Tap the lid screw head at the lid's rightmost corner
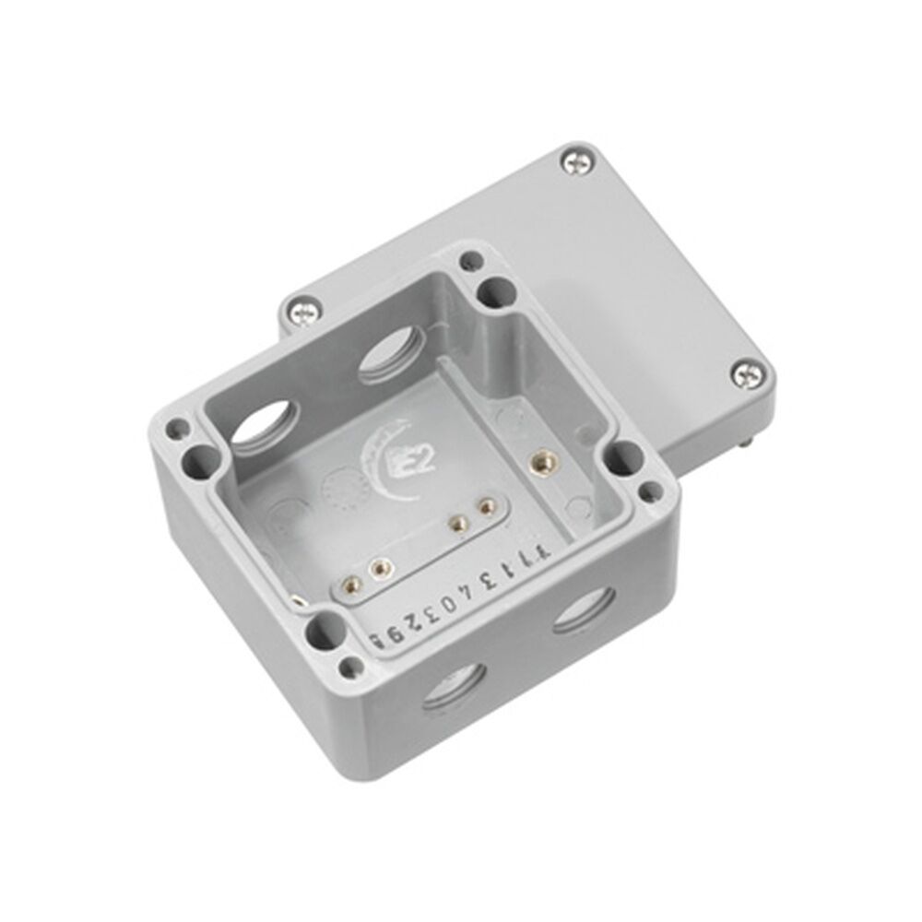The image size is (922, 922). [x=747, y=373]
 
